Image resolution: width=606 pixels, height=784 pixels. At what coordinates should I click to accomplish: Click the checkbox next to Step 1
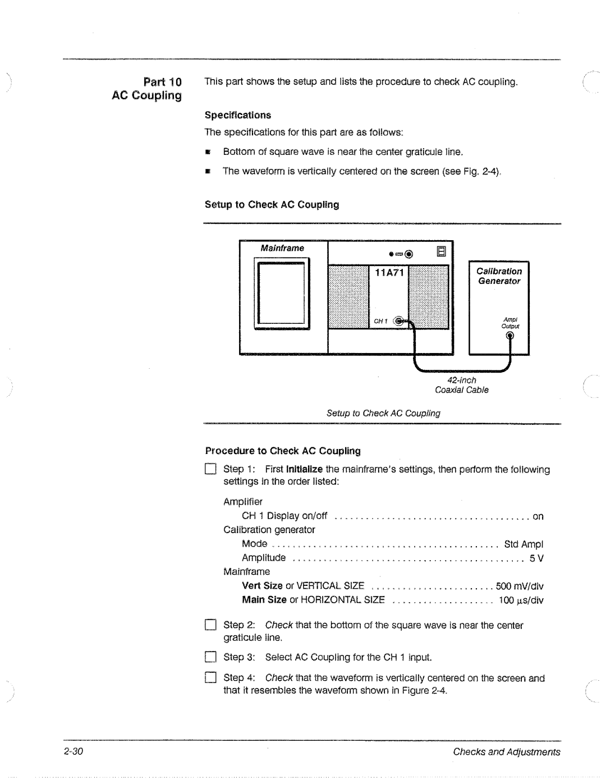tap(210, 470)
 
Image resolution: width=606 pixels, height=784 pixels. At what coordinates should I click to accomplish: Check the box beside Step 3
tap(210, 658)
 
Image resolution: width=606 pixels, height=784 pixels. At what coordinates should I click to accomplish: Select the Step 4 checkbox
tap(210, 678)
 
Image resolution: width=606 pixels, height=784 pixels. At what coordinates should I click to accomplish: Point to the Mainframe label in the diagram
tap(282, 248)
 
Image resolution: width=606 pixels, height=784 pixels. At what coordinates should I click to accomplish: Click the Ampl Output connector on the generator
tap(510, 336)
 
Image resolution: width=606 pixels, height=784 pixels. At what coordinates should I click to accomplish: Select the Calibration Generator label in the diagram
tap(499, 276)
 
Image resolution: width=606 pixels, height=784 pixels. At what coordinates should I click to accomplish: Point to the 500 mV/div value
tap(520, 586)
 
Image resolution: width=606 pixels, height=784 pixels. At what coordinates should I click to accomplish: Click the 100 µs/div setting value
tap(521, 600)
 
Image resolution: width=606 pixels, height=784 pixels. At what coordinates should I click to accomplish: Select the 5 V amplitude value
tap(536, 558)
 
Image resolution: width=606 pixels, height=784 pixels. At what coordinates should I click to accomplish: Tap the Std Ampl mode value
tap(524, 544)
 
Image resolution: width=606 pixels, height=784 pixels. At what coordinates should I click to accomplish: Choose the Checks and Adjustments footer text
tap(507, 752)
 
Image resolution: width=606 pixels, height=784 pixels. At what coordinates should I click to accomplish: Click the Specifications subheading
tap(237, 115)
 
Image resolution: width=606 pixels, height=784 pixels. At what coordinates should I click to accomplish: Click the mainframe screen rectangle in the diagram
tap(282, 294)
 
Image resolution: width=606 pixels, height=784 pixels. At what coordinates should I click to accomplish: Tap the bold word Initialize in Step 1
tap(304, 470)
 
